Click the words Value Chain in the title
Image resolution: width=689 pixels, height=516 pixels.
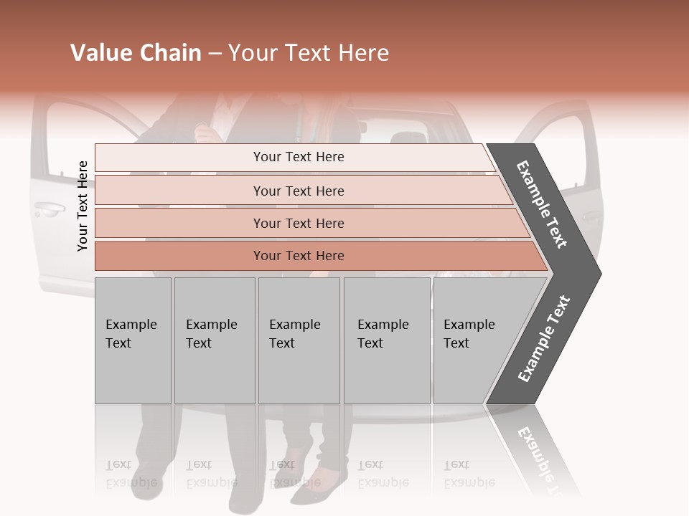136,53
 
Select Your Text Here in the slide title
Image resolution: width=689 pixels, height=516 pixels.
309,53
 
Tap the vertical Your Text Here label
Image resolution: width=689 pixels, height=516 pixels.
83,206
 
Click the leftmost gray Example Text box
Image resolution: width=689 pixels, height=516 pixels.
133,340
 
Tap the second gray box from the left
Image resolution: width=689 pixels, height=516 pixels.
214,340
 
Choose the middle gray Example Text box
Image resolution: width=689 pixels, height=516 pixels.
299,340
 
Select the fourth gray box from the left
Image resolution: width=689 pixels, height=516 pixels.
387,340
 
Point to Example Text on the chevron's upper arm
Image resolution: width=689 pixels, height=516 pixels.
542,204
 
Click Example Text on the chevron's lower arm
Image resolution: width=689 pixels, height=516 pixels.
543,338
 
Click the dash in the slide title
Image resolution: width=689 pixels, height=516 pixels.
215,54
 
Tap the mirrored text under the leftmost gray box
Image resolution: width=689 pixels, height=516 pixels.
131,473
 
